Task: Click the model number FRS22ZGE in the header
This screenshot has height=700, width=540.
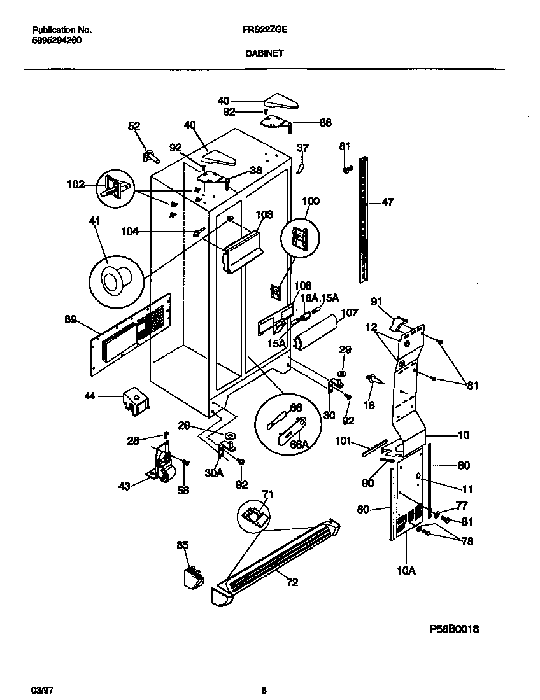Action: [264, 30]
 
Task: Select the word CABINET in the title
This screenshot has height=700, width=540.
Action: [264, 54]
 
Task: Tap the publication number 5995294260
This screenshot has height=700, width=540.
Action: [56, 40]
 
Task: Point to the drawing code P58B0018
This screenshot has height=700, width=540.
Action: [454, 629]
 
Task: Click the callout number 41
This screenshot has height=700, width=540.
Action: [95, 221]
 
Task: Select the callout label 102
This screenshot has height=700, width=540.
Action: [76, 186]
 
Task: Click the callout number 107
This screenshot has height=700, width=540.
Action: [350, 312]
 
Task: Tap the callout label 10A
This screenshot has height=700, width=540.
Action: [406, 570]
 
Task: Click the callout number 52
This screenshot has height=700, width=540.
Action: [134, 126]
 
